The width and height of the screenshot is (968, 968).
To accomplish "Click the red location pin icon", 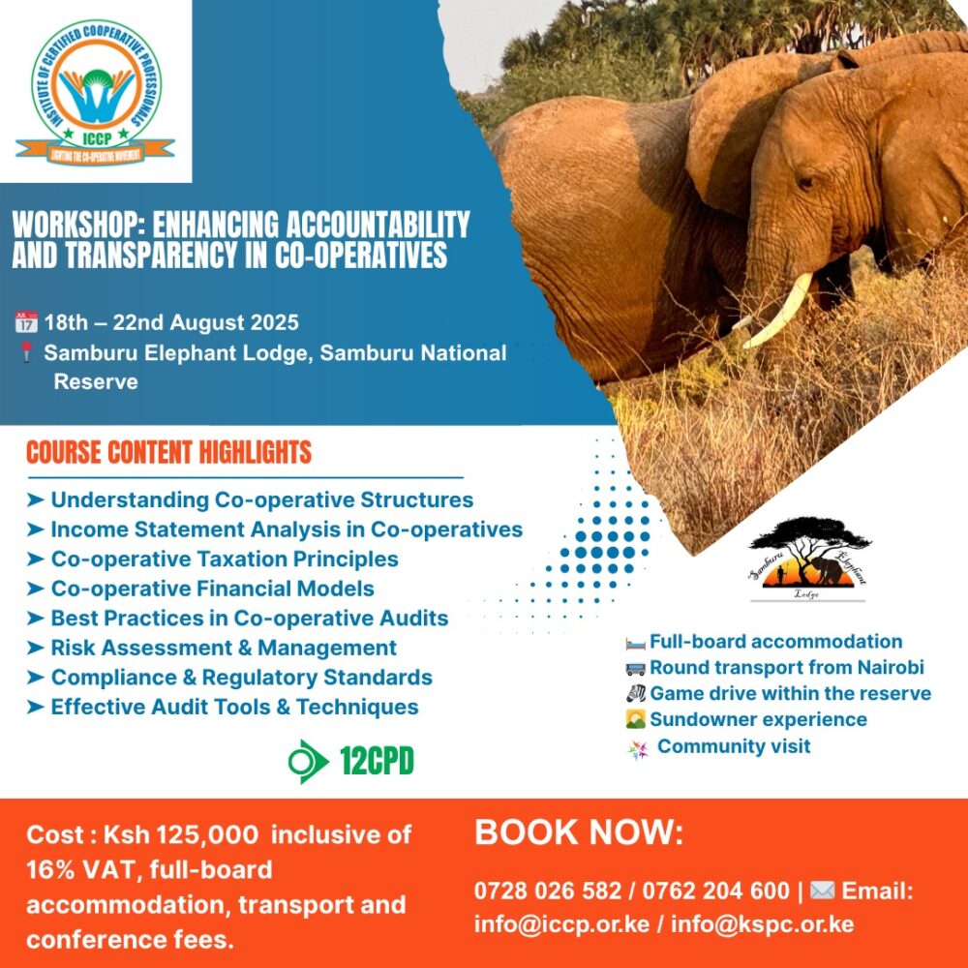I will coord(26,353).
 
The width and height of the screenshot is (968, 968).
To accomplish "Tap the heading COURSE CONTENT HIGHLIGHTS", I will coord(169,452).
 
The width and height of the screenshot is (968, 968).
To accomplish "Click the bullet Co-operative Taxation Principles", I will coord(225,560).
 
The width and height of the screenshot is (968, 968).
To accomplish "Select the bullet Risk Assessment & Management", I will coord(224,648).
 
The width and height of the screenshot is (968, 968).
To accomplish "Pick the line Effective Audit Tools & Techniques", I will coord(234,707).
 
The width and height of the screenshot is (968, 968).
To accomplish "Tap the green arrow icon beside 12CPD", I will coord(308,761).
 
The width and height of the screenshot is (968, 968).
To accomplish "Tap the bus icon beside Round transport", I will coord(635,668).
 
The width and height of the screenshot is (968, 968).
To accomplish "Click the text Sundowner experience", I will coord(758,719).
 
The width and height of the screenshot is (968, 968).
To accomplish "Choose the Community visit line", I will coord(734,746).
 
